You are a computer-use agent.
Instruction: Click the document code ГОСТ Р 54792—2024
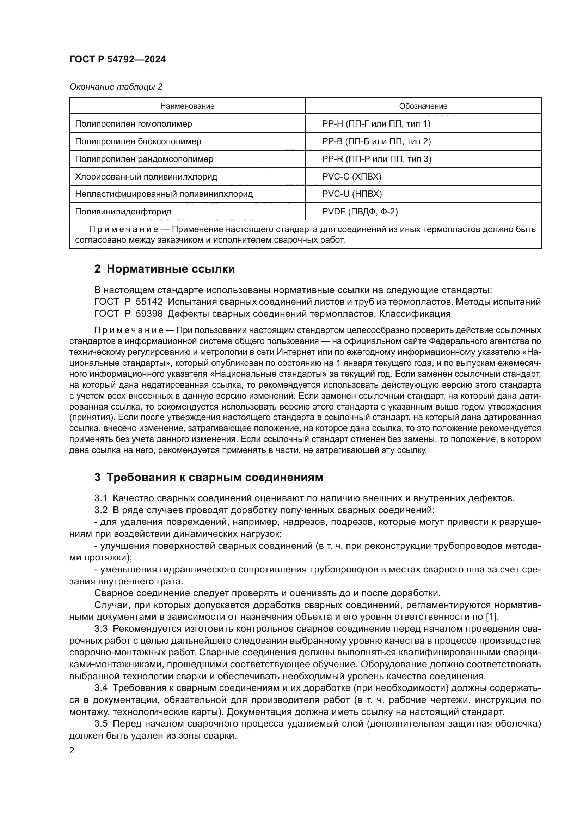pyautogui.click(x=117, y=59)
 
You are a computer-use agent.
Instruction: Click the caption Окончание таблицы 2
pyautogui.click(x=116, y=87)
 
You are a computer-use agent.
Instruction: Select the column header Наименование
pyautogui.click(x=187, y=106)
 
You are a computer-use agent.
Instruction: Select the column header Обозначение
pyautogui.click(x=423, y=106)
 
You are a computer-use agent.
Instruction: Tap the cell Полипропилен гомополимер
pyautogui.click(x=133, y=123)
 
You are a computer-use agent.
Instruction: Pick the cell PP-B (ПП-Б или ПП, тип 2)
pyautogui.click(x=376, y=141)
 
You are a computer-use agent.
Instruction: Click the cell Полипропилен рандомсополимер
pyautogui.click(x=144, y=159)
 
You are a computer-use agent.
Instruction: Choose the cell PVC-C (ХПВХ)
pyautogui.click(x=351, y=176)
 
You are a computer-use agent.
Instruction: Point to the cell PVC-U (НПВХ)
pyautogui.click(x=352, y=194)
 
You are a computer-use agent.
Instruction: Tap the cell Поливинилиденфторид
pyautogui.click(x=123, y=212)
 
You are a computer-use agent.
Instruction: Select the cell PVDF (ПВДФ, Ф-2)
pyautogui.click(x=360, y=212)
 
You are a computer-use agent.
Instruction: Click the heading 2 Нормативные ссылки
pyautogui.click(x=164, y=269)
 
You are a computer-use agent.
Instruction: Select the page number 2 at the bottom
pyautogui.click(x=72, y=750)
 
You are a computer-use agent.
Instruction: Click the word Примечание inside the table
pyautogui.click(x=123, y=229)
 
